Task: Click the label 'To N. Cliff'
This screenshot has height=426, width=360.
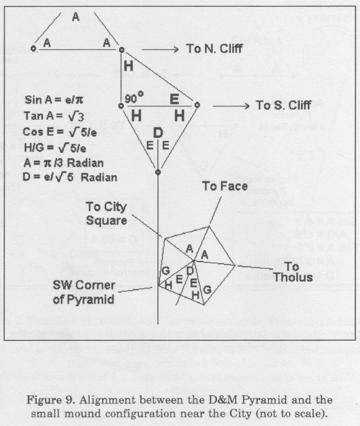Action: pos(215,49)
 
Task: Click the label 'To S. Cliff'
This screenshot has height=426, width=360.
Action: pos(284,105)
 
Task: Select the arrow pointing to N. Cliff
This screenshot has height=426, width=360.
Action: pos(160,49)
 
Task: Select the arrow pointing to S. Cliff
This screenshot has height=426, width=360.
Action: pos(231,106)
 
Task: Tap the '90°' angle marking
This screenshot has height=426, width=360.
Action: pos(134,98)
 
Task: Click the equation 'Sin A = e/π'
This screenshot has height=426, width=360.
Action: pos(54,100)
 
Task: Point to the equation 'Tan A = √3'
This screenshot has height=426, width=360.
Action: pos(54,116)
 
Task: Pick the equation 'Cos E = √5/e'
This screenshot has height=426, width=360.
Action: pos(60,132)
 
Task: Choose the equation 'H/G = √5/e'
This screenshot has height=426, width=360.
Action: pos(55,148)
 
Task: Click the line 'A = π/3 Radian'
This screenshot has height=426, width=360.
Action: pos(63,163)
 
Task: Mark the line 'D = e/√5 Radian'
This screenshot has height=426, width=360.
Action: pos(70,178)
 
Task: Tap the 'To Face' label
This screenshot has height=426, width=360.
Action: pos(225,186)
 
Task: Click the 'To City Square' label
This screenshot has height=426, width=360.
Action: pos(107,214)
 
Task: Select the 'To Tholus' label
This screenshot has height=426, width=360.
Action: pos(293,272)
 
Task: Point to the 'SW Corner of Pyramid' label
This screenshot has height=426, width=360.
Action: pos(84,292)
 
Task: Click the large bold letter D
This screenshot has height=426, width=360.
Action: pos(158,133)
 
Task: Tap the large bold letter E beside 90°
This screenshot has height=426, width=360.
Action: pos(174,99)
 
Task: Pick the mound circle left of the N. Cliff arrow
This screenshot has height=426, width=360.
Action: pos(122,50)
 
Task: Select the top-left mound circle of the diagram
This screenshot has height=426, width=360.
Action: pos(33,49)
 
